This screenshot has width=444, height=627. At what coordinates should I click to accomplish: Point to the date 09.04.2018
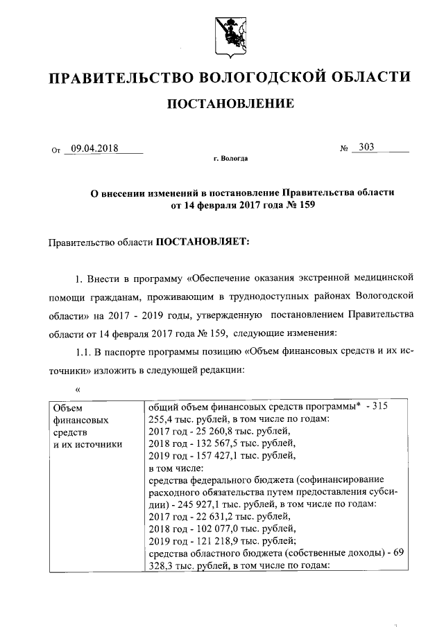coord(96,148)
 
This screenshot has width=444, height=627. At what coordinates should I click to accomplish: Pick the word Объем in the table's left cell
coord(68,408)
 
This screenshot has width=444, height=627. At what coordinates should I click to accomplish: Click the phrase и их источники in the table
coord(88,443)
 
